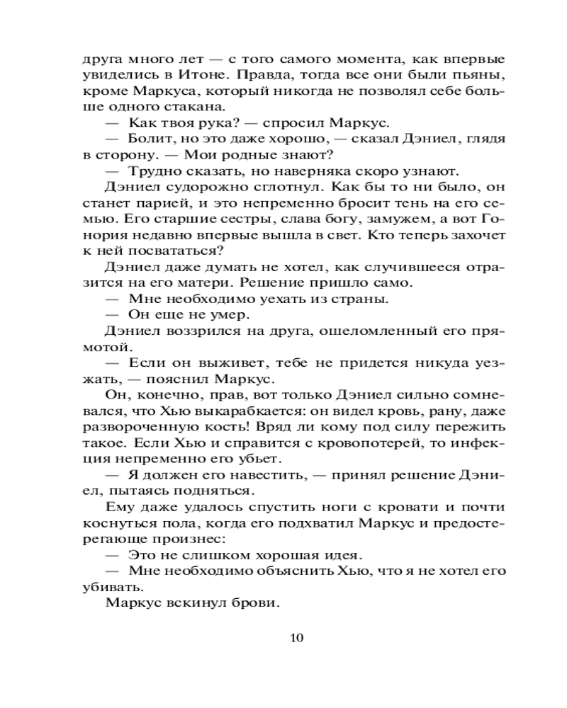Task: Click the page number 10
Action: [297, 637]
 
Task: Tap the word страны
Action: [358, 299]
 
